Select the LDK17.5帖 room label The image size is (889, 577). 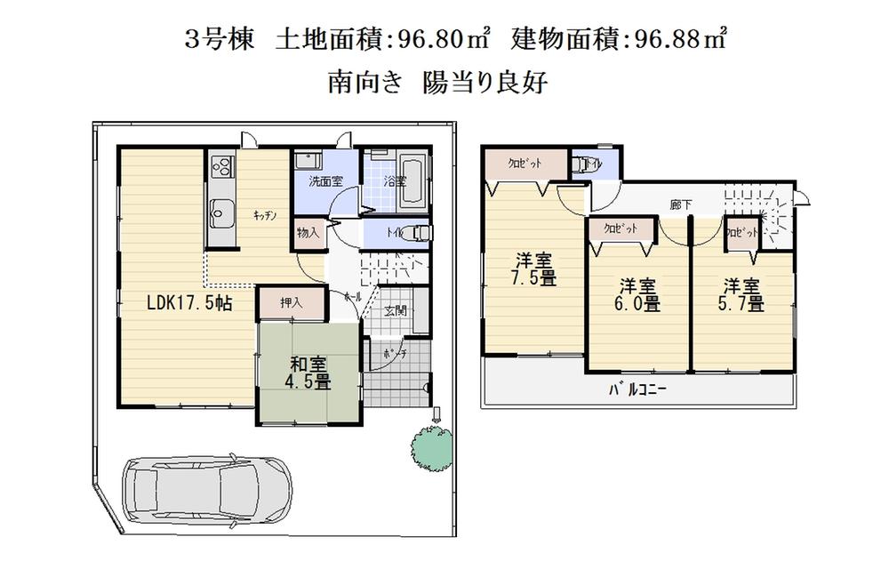(189, 303)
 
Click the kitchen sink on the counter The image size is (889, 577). (220, 212)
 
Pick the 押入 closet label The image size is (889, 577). (292, 303)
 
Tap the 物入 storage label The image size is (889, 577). (308, 234)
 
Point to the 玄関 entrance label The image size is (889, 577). (396, 311)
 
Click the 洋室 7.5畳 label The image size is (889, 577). (534, 269)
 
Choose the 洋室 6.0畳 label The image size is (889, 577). (638, 295)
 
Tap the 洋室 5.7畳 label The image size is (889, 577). (742, 295)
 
